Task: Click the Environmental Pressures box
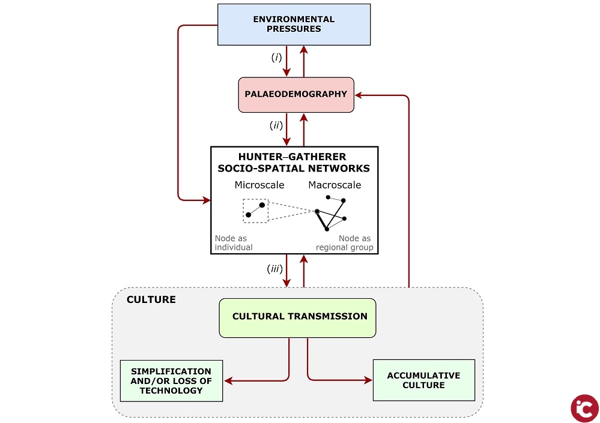coord(294,24)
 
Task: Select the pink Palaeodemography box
coord(296,94)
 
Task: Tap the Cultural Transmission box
coord(297,317)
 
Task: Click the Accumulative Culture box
coord(423,380)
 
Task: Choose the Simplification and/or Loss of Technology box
coord(171,381)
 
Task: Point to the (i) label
coord(276,58)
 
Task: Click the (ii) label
coord(276,126)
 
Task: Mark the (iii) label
coord(274,269)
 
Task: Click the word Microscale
coord(259,185)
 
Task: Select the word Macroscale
coord(335,185)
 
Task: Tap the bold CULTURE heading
coord(151,299)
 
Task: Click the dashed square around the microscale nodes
coord(255,211)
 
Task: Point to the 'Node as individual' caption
coord(234,243)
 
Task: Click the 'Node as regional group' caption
coord(345,243)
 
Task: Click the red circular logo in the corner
coord(584,408)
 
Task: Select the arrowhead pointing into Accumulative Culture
coord(368,380)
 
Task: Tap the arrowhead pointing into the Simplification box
coord(228,380)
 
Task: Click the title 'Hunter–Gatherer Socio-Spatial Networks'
coord(294,162)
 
